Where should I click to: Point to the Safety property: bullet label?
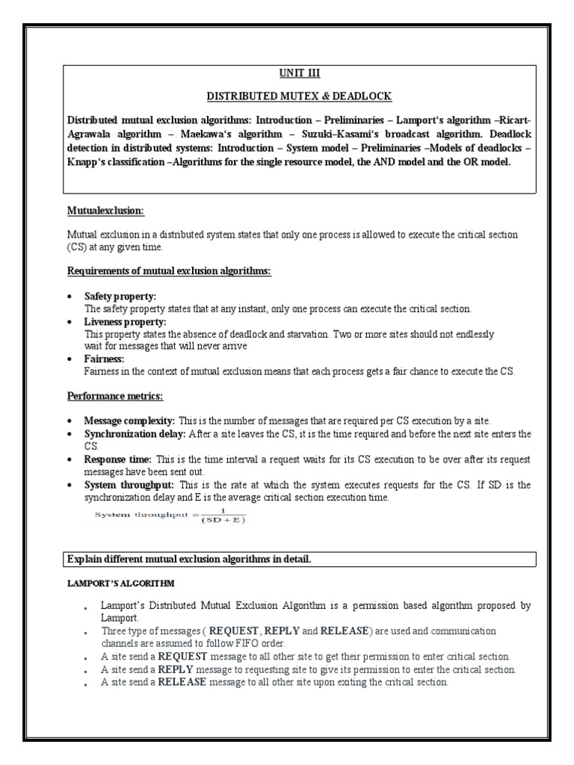click(x=120, y=297)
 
